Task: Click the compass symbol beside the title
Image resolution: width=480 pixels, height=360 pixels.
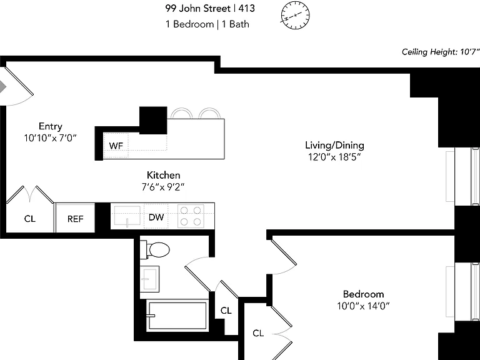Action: tap(295, 15)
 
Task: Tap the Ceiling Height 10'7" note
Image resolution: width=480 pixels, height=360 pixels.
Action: tap(440, 52)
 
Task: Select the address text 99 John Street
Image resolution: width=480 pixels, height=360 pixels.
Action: tap(197, 8)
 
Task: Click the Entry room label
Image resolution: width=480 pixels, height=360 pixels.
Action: tap(51, 126)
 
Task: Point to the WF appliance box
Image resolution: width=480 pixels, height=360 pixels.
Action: tap(116, 146)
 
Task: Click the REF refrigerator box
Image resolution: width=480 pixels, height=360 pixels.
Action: tap(75, 219)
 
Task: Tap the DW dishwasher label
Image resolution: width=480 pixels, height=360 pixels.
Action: tap(156, 217)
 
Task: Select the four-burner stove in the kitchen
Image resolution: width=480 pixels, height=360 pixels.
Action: tap(191, 216)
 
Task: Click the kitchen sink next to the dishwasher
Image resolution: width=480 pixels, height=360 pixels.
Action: tap(127, 216)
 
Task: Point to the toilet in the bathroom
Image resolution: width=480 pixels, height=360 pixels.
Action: tap(155, 250)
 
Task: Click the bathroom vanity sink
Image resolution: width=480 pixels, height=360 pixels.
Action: tap(149, 279)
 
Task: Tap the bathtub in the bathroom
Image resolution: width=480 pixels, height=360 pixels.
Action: tap(177, 316)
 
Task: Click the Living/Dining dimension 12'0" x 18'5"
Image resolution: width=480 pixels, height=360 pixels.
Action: tap(334, 157)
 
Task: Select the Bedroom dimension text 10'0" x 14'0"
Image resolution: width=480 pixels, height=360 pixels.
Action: tap(363, 306)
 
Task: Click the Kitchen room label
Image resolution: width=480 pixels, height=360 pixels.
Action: tap(164, 175)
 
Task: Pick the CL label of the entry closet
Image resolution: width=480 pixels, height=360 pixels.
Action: tap(30, 219)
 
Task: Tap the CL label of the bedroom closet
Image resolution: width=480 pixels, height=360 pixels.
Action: tap(258, 332)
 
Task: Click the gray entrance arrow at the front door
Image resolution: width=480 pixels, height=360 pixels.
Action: tap(2, 86)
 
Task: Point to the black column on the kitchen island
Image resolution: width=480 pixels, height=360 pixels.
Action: tap(153, 120)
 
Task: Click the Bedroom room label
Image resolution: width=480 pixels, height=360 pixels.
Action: tap(363, 294)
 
